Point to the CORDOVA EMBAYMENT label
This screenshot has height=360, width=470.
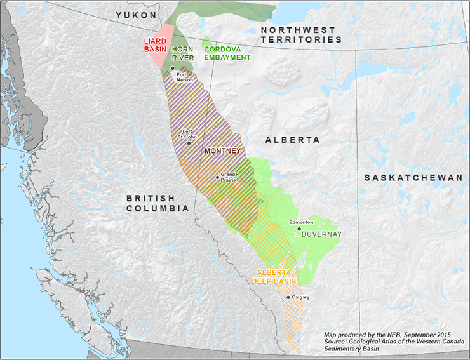coord(227,53)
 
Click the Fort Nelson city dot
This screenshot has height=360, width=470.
coord(173,67)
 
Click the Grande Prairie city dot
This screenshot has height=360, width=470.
coord(217,177)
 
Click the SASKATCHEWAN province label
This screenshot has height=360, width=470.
coord(413,178)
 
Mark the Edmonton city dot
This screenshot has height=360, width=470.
coord(299,229)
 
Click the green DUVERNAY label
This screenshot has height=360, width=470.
coord(321,234)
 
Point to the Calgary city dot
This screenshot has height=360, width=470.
coord(288,297)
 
